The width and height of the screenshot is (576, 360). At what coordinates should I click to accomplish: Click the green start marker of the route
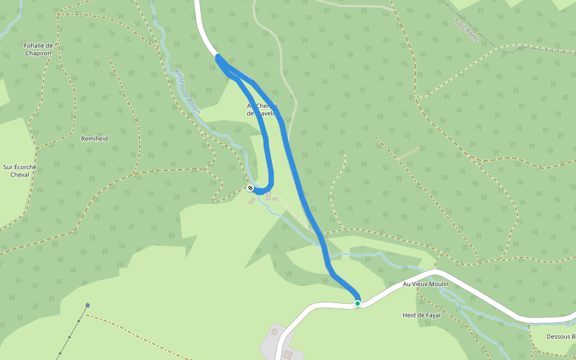pyautogui.click(x=358, y=304)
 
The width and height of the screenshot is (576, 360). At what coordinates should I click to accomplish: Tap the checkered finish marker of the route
pyautogui.click(x=250, y=188)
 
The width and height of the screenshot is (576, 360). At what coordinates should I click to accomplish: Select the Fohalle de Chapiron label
pyautogui.click(x=38, y=49)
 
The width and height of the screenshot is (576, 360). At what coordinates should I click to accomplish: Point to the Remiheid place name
pyautogui.click(x=94, y=139)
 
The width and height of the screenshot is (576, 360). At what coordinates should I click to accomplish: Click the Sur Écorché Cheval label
pyautogui.click(x=20, y=171)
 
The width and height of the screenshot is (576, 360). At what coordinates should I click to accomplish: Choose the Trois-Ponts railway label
pyautogui.click(x=466, y=30)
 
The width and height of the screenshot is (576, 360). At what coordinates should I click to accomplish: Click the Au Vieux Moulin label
pyautogui.click(x=426, y=284)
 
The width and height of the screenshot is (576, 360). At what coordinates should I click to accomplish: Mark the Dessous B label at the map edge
pyautogui.click(x=561, y=337)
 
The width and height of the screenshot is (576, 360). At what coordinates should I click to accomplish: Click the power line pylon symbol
pyautogui.click(x=88, y=305)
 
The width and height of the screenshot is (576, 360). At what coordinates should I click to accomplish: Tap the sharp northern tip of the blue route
pyautogui.click(x=218, y=57)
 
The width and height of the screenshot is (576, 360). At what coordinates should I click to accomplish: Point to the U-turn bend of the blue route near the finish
pyautogui.click(x=269, y=187)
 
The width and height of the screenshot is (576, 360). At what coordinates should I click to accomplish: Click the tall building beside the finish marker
pyautogui.click(x=268, y=196)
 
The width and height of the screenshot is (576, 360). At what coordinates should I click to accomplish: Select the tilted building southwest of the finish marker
pyautogui.click(x=252, y=201)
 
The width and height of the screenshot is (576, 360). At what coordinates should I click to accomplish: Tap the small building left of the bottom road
pyautogui.click(x=274, y=331)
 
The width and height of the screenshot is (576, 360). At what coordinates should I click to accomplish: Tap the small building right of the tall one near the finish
pyautogui.click(x=275, y=199)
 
